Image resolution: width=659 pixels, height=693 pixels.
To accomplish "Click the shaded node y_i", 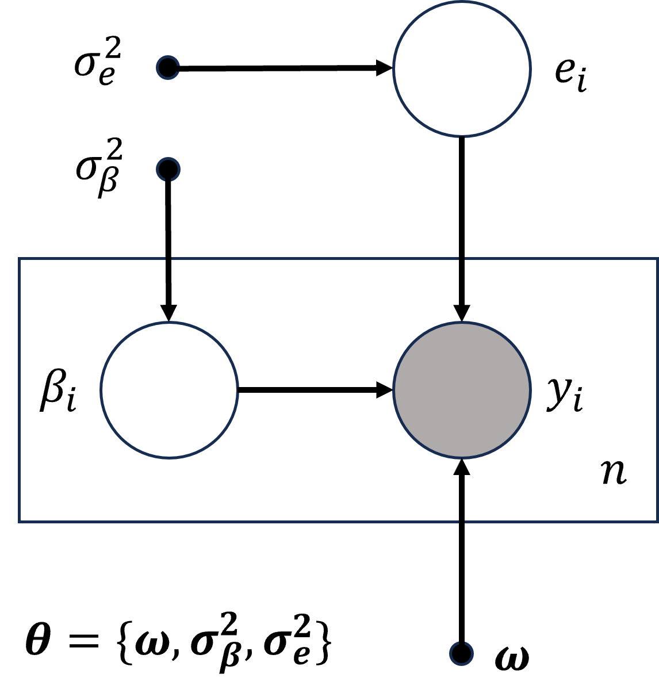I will pyautogui.click(x=462, y=390).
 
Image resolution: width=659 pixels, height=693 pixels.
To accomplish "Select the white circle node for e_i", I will pyautogui.click(x=462, y=68).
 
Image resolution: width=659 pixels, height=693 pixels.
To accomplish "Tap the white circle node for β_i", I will pyautogui.click(x=169, y=390).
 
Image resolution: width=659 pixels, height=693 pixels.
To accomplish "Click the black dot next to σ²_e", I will pyautogui.click(x=168, y=68).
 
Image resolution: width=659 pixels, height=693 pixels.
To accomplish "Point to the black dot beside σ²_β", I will pyautogui.click(x=168, y=169).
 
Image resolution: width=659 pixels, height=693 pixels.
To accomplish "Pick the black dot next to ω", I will pyautogui.click(x=461, y=653).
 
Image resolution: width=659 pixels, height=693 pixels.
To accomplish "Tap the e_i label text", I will pyautogui.click(x=570, y=74).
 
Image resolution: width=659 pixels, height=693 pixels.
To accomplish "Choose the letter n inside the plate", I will pyautogui.click(x=614, y=473).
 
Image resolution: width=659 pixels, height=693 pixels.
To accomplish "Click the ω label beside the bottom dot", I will pyautogui.click(x=512, y=658).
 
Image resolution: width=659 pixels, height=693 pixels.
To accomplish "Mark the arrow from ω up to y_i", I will pyautogui.click(x=462, y=552).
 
